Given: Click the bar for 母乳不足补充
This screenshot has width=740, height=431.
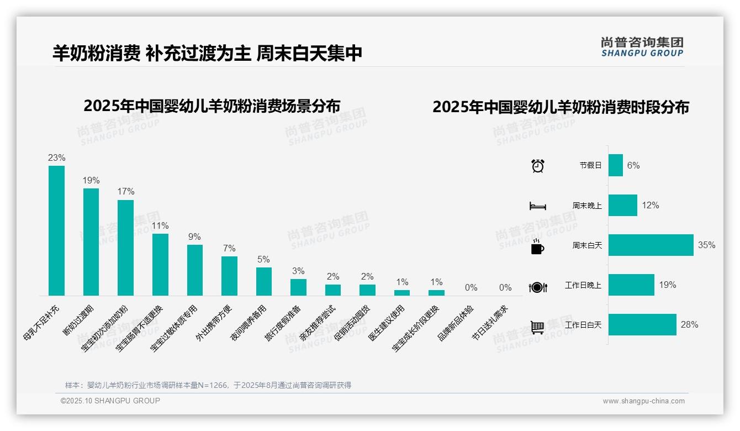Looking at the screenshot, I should tap(56, 230).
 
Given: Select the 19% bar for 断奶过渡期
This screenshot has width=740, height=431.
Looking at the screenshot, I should tap(91, 242).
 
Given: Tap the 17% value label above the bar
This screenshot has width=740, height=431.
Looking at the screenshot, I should tap(125, 192).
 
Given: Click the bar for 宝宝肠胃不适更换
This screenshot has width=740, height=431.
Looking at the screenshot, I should tap(160, 265).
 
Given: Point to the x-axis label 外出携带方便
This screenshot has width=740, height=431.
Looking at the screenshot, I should tap(215, 323).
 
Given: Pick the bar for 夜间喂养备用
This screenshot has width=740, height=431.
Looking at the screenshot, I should tap(263, 281).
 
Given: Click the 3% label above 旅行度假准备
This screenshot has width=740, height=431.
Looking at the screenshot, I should tap(298, 271).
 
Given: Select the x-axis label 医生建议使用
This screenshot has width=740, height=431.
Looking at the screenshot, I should tap(387, 323).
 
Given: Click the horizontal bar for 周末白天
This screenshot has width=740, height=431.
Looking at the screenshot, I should tap(651, 245).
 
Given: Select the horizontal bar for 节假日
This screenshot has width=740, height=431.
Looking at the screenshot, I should tap(615, 165).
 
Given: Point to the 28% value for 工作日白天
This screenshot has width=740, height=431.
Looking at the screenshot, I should tap(689, 325).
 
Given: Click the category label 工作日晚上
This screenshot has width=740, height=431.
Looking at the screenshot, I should tap(583, 285).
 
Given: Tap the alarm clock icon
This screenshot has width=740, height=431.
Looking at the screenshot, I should tap(537, 165).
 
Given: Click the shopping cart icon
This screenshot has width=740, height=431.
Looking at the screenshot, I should tap(537, 327).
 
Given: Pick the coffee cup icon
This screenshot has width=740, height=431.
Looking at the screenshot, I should tap(537, 246).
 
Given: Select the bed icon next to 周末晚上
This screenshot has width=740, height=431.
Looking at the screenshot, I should tap(537, 206).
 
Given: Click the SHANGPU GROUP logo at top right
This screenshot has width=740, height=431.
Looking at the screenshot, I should tap(642, 47).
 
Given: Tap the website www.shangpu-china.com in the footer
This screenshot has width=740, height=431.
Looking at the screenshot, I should tap(643, 401).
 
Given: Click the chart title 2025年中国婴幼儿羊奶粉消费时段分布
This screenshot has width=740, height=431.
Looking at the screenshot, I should tap(561, 107).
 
